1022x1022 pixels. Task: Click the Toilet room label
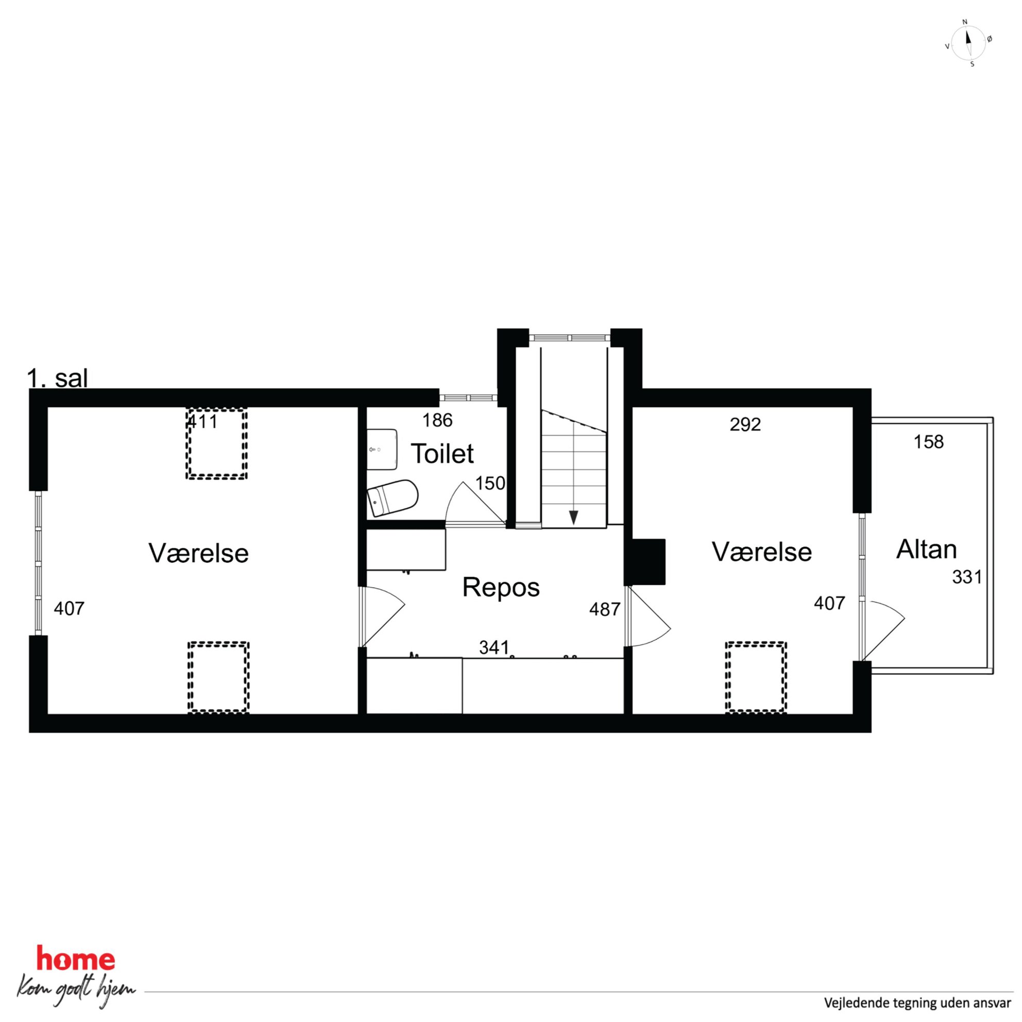[442, 454]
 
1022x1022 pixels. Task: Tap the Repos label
[501, 587]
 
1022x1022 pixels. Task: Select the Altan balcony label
[926, 550]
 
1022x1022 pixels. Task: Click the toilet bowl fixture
[393, 498]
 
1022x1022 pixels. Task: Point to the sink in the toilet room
[382, 449]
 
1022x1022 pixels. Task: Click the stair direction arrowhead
[573, 517]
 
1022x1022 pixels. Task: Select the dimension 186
[437, 420]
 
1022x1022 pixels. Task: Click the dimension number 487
[605, 609]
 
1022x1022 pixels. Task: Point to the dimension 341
[494, 647]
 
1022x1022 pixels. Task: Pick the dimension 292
[745, 424]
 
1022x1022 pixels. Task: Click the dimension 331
[967, 576]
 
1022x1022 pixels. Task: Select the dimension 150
[490, 484]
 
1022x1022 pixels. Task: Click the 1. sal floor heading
[57, 379]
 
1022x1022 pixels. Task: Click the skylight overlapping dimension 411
[216, 444]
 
